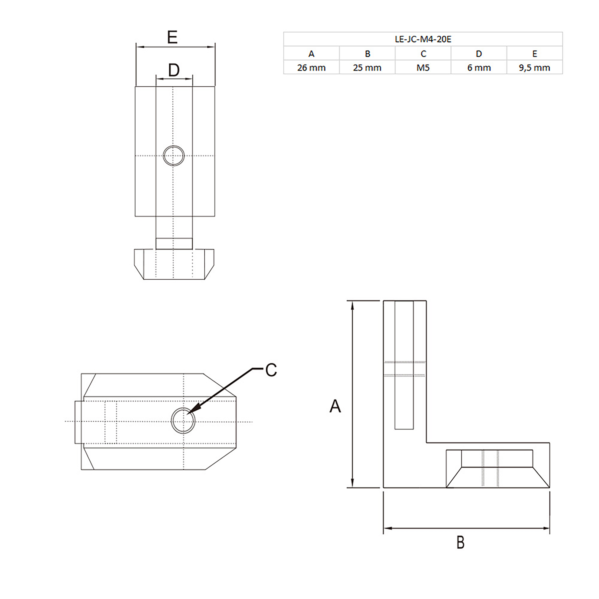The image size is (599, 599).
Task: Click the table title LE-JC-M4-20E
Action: click(x=423, y=39)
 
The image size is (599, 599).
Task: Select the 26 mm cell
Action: click(x=311, y=68)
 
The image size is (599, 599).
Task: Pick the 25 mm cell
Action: click(x=367, y=68)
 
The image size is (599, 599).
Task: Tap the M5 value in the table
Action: click(x=423, y=68)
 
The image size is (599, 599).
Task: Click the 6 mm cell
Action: click(x=479, y=68)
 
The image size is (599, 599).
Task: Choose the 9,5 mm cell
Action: click(x=535, y=68)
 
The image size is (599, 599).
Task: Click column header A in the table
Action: click(x=311, y=54)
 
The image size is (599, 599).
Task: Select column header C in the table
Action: click(x=423, y=54)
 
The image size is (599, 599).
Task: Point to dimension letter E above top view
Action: click(x=172, y=38)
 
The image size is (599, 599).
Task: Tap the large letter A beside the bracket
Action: click(x=335, y=406)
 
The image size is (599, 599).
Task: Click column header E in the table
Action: click(x=535, y=54)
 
